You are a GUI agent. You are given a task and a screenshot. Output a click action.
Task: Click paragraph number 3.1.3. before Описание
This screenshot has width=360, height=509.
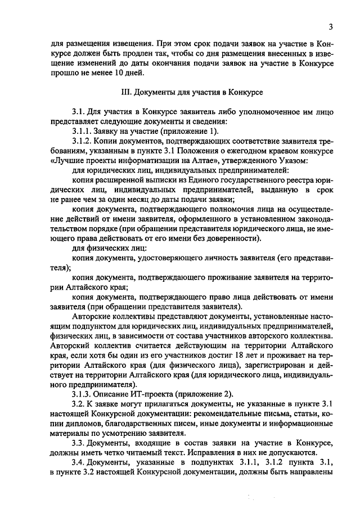85,393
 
